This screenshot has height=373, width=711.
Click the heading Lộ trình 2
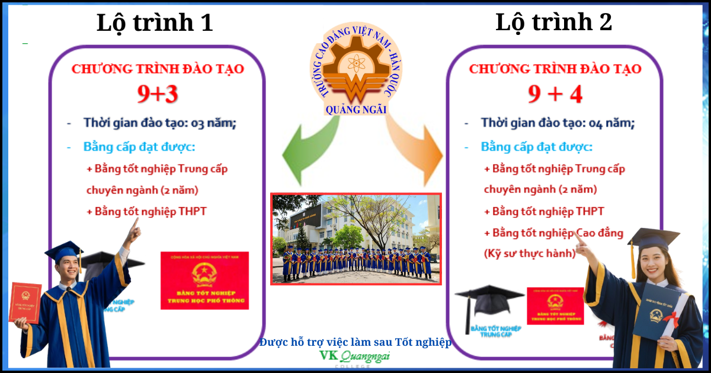553,22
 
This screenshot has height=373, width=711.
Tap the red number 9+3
157,93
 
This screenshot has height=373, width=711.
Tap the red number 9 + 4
555,94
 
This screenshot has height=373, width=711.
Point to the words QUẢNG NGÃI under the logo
355,110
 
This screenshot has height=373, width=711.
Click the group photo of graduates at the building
356,239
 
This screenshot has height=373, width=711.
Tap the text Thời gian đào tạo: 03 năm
160,123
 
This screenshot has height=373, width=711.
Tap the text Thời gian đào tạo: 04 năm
558,123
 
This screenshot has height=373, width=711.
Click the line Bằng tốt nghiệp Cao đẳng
554,233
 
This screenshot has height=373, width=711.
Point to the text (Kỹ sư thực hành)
530,253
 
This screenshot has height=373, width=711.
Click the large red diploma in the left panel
204,280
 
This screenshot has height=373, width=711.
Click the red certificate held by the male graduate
25,302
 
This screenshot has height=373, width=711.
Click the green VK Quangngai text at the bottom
355,356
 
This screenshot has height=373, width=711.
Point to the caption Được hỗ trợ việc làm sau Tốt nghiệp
355,342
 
